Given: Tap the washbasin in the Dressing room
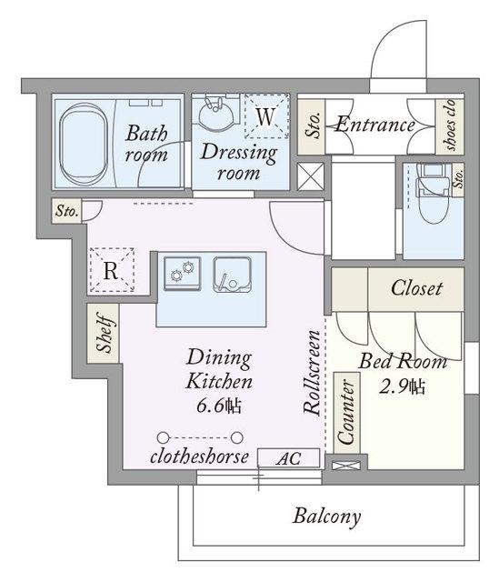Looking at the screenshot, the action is [216, 114].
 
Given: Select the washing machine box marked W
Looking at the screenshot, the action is [266, 116].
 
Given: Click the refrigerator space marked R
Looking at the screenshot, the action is [111, 270].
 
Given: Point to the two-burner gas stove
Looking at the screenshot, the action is [182, 274].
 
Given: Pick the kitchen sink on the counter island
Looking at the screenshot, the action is [233, 275].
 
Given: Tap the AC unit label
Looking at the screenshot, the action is [288, 458].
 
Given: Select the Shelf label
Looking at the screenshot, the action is [104, 333].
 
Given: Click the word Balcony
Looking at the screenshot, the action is [326, 516].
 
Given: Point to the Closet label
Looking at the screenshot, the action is [416, 288].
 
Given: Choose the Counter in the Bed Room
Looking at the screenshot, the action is [346, 412].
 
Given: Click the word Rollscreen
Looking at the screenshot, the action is [312, 372].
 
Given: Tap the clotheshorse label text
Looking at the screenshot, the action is [199, 457].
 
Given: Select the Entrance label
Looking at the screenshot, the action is [375, 125].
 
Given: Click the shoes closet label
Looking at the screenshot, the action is [450, 125].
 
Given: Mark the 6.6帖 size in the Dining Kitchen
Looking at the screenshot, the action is [219, 406].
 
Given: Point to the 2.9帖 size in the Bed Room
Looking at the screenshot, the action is [402, 386].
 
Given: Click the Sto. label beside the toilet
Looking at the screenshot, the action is [459, 178].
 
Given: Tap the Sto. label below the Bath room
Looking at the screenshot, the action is [66, 211].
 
